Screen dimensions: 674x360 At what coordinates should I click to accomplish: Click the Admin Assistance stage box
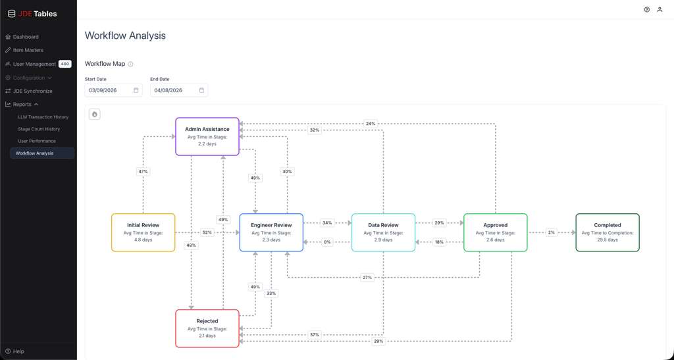[207, 137]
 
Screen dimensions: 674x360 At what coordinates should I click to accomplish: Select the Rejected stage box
[207, 328]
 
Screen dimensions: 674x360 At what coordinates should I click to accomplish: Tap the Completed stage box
[608, 232]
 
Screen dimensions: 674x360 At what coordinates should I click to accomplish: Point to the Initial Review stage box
[143, 232]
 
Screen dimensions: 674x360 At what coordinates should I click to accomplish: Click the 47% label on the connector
[143, 171]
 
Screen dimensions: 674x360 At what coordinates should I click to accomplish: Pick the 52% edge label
[207, 232]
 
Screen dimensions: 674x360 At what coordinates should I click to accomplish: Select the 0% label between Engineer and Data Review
[328, 242]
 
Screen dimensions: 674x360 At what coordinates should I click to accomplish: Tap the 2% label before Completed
[552, 232]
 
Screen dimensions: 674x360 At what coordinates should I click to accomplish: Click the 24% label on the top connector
[371, 124]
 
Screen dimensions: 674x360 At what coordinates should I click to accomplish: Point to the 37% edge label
[315, 334]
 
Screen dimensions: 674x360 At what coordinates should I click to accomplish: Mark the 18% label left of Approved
[439, 242]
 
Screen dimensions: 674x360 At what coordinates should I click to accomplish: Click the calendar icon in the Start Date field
[136, 90]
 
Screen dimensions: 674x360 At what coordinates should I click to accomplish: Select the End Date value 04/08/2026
[168, 90]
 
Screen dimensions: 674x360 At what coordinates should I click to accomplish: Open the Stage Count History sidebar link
[39, 129]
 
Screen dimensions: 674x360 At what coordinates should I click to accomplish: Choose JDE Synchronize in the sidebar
[33, 91]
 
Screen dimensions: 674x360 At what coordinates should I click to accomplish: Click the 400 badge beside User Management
[65, 64]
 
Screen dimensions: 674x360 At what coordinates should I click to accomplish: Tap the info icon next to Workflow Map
[131, 64]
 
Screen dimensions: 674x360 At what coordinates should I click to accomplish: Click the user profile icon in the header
[660, 9]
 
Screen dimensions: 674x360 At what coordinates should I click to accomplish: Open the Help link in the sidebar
[18, 351]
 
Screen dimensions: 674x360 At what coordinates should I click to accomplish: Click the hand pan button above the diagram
[95, 115]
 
